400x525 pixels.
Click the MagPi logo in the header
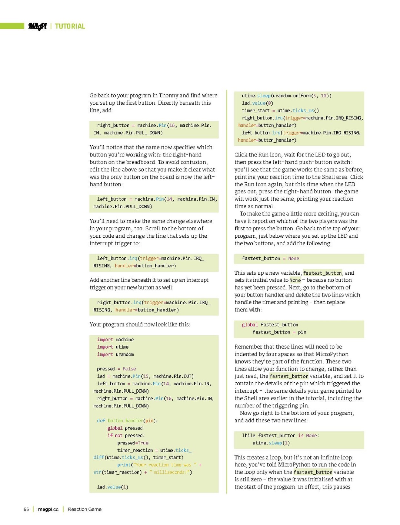[x=37, y=26]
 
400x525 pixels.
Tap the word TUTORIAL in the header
[x=70, y=26]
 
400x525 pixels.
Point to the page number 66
[x=26, y=509]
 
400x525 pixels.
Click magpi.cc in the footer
[x=48, y=509]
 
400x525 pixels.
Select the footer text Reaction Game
[x=84, y=509]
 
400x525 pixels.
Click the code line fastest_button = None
[x=270, y=258]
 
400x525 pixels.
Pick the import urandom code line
[x=115, y=354]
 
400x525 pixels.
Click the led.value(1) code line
[x=113, y=487]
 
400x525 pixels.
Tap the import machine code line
[x=115, y=339]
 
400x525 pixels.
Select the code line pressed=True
[x=133, y=443]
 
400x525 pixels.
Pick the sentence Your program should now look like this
[x=140, y=325]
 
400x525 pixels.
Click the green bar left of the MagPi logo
[x=12, y=26]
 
